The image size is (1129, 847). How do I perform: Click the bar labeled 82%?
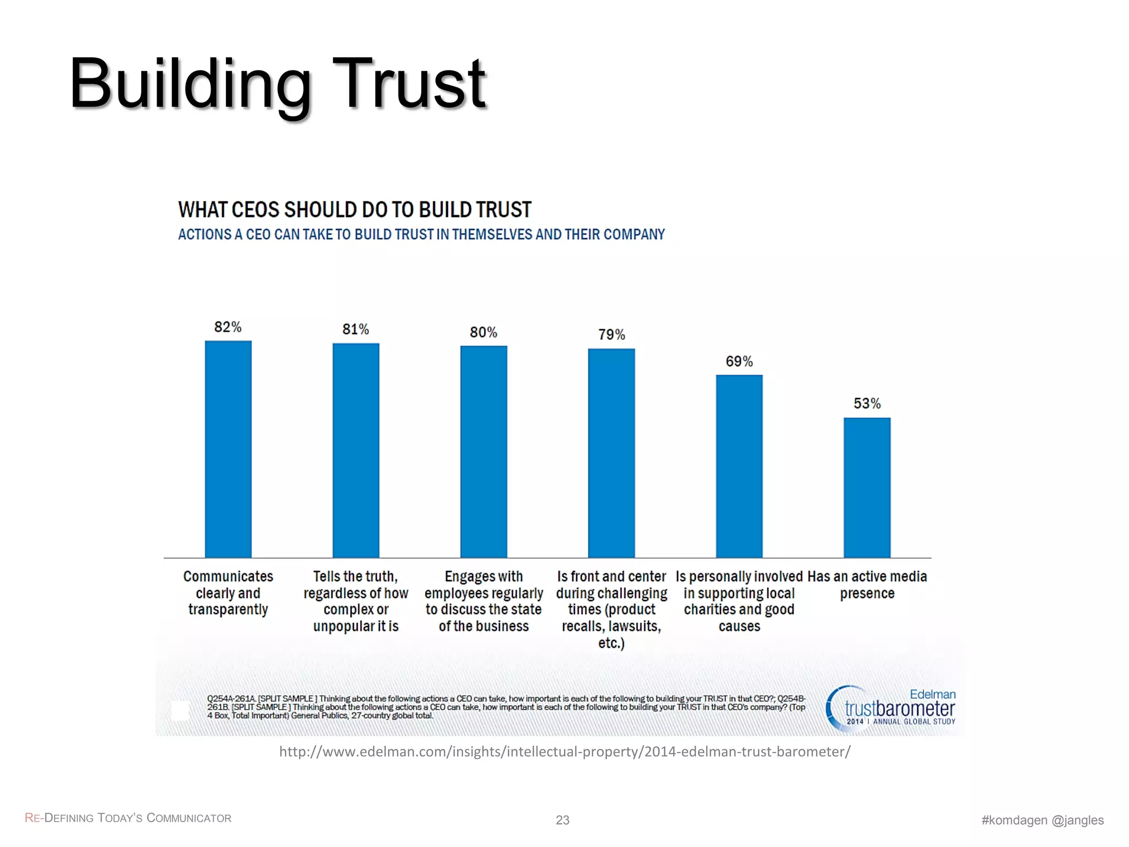228,449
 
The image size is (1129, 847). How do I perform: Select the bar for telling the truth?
356,451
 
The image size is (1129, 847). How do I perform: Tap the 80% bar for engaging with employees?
483,452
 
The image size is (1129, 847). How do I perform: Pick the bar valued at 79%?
611,453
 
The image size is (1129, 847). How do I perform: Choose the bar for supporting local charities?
739,467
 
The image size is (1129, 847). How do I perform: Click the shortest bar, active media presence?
867,488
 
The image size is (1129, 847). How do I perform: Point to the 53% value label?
867,404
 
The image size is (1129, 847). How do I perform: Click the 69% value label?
739,361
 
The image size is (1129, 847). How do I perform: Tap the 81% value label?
356,329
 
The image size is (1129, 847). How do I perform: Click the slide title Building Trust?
277,84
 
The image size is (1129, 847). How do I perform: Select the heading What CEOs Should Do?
354,210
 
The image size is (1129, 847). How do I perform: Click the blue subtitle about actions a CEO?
421,234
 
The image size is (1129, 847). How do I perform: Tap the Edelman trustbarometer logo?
891,709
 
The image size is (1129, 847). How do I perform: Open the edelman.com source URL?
564,752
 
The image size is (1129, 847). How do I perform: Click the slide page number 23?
562,820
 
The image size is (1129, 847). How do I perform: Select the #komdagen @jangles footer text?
1042,820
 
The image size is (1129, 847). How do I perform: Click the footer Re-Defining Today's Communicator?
128,818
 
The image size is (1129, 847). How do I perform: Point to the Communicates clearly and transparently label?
228,593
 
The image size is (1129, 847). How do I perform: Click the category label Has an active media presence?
867,585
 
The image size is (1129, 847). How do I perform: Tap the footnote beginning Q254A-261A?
506,707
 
